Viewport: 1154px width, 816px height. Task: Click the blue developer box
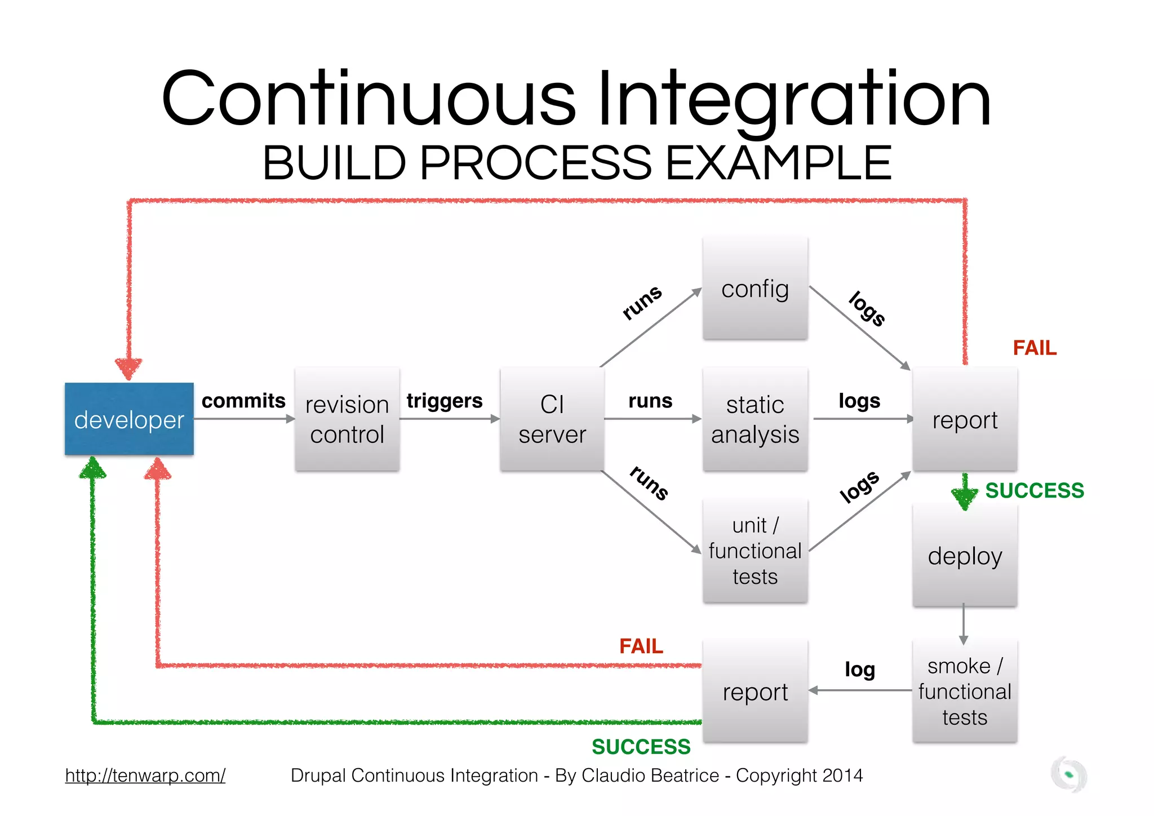pyautogui.click(x=129, y=419)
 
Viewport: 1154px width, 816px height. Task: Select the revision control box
pyautogui.click(x=347, y=419)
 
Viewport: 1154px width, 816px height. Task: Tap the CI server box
pyautogui.click(x=552, y=419)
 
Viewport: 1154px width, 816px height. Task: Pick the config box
pyautogui.click(x=755, y=289)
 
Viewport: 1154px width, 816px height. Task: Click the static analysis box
pyautogui.click(x=755, y=419)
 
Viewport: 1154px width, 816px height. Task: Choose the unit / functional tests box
pyautogui.click(x=755, y=551)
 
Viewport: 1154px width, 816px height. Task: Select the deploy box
pyautogui.click(x=965, y=556)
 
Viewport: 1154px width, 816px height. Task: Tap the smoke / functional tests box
pyautogui.click(x=965, y=691)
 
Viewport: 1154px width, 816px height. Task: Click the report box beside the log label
pyautogui.click(x=755, y=691)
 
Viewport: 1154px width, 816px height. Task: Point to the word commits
pyautogui.click(x=243, y=401)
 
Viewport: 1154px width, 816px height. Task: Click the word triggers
pyautogui.click(x=445, y=401)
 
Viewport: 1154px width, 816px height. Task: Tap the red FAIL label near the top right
pyautogui.click(x=1035, y=348)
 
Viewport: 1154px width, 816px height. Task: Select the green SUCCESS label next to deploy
pyautogui.click(x=1035, y=490)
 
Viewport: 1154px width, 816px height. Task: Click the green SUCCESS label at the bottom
pyautogui.click(x=641, y=747)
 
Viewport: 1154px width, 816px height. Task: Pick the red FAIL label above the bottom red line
pyautogui.click(x=641, y=646)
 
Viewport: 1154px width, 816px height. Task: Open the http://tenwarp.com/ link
pyautogui.click(x=145, y=775)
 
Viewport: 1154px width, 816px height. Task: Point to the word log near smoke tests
pyautogui.click(x=859, y=669)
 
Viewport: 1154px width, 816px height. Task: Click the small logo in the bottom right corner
pyautogui.click(x=1068, y=775)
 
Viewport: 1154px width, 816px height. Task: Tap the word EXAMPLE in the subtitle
pyautogui.click(x=779, y=163)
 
